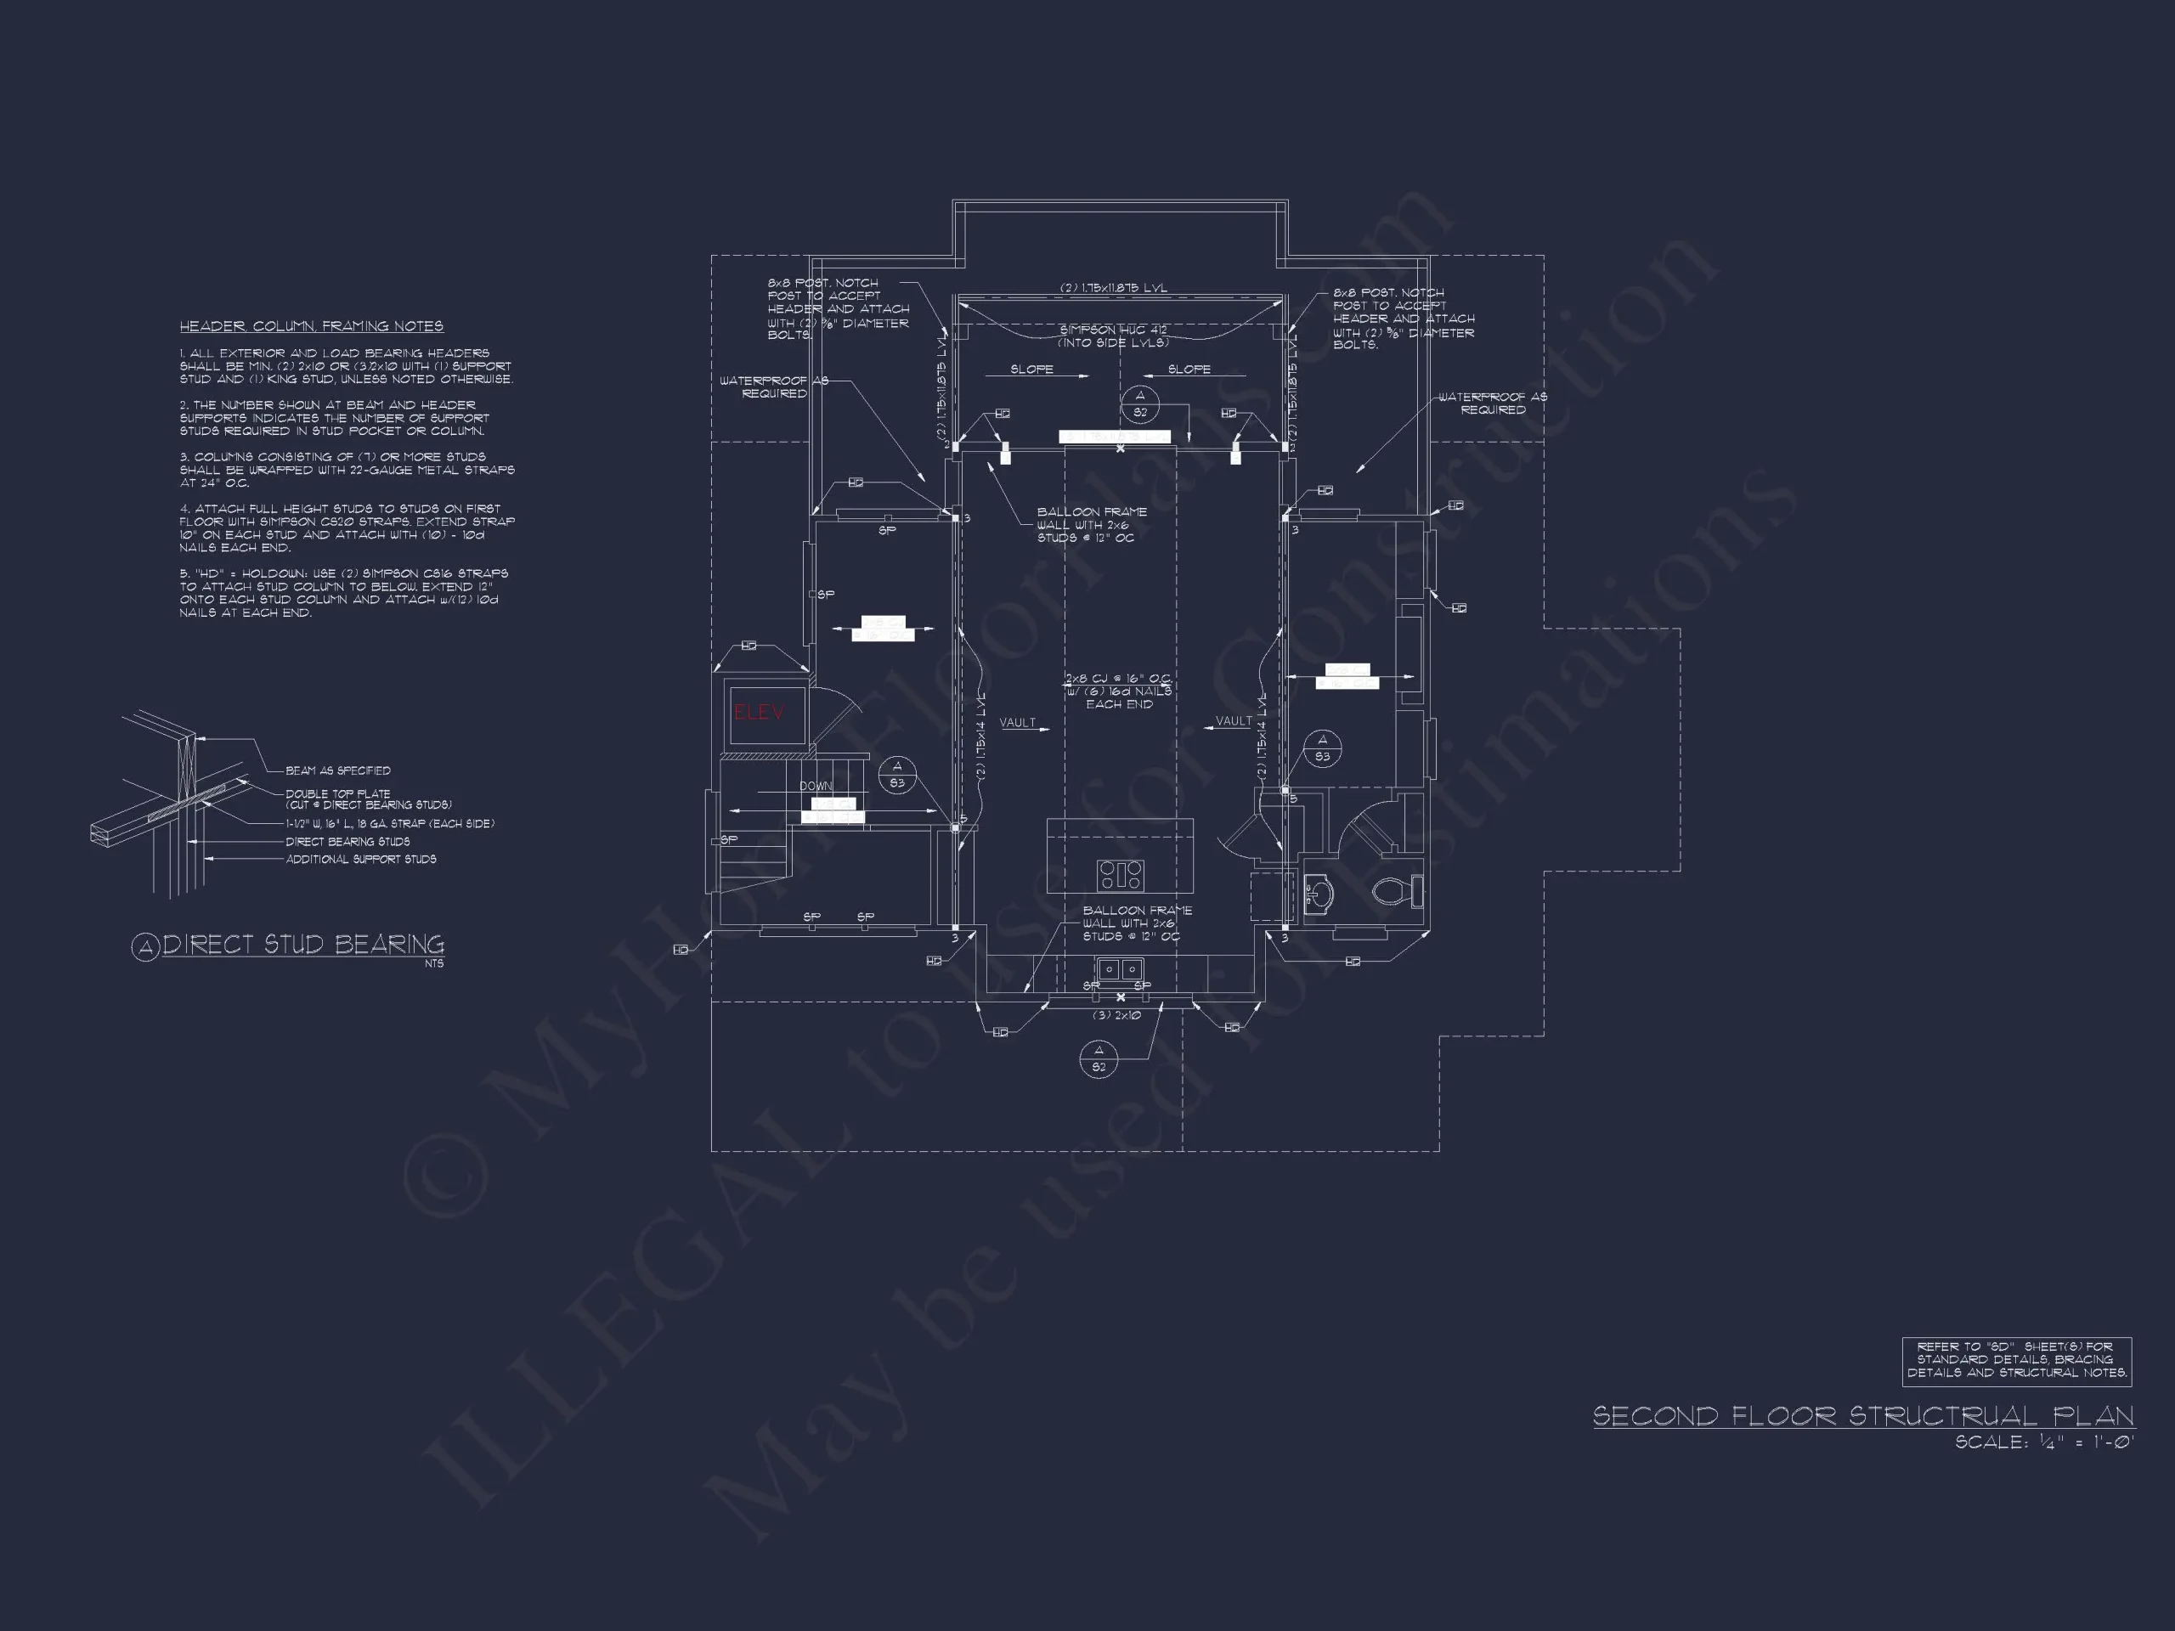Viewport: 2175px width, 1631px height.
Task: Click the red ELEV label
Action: (x=758, y=713)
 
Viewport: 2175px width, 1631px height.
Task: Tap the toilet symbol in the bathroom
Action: (x=1393, y=891)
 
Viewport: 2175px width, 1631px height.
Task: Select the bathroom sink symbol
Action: (x=1318, y=893)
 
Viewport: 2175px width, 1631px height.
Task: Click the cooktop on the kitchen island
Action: (x=1120, y=873)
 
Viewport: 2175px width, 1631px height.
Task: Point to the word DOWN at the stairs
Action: (x=815, y=786)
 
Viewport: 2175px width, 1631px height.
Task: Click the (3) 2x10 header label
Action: (x=1116, y=1014)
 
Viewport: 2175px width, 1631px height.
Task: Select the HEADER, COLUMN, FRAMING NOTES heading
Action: (x=311, y=326)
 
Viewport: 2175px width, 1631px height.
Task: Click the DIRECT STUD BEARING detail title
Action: (x=302, y=945)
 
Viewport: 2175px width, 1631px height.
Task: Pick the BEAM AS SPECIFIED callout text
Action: (x=337, y=770)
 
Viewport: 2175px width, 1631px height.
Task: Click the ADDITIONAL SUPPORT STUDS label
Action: (x=361, y=860)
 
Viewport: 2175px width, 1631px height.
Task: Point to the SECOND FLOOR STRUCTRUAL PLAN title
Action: (x=1863, y=1416)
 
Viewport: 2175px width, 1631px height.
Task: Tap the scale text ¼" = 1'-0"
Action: (x=2043, y=1442)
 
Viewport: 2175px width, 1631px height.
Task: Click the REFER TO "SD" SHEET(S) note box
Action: (x=2016, y=1361)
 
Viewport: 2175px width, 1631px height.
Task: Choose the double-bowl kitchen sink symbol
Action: (x=1120, y=969)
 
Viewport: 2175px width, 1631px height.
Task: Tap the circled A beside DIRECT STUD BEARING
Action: (x=145, y=947)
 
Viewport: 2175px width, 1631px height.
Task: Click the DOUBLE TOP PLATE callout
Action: (x=338, y=793)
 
